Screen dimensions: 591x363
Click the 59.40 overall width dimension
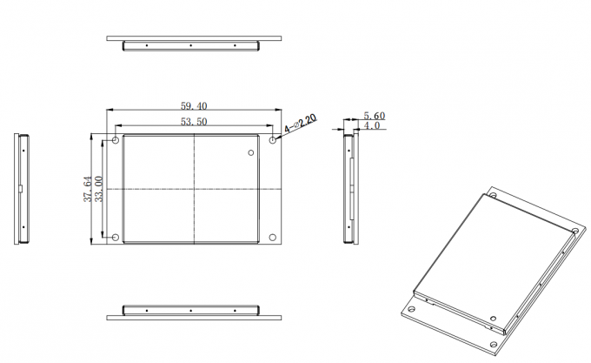click(x=194, y=106)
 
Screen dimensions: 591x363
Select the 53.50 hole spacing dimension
click(x=194, y=122)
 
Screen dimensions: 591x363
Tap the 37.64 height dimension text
click(x=88, y=189)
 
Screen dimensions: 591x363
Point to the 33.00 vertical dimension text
click(x=98, y=189)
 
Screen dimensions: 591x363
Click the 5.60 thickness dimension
click(x=375, y=116)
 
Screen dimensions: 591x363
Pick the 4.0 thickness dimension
click(x=372, y=125)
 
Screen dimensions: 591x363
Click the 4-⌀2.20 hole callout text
click(x=301, y=124)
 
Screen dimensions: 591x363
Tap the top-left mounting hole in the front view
click(x=116, y=140)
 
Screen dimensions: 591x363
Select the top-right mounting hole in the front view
click(x=273, y=140)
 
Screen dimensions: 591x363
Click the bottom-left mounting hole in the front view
click(x=116, y=238)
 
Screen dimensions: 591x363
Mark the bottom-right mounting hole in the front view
click(x=273, y=238)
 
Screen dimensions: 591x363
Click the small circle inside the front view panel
click(x=251, y=153)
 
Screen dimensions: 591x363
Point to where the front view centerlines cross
click(x=194, y=189)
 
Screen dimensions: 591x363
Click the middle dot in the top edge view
click(x=190, y=45)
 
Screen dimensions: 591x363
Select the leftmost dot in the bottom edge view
click(x=147, y=311)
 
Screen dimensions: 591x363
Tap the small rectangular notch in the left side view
click(x=21, y=189)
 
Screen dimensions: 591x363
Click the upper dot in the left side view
click(x=23, y=151)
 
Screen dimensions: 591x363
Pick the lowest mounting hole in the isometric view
click(x=494, y=345)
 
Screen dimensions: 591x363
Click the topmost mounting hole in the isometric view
click(x=493, y=196)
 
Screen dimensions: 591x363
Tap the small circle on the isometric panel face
click(x=493, y=319)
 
